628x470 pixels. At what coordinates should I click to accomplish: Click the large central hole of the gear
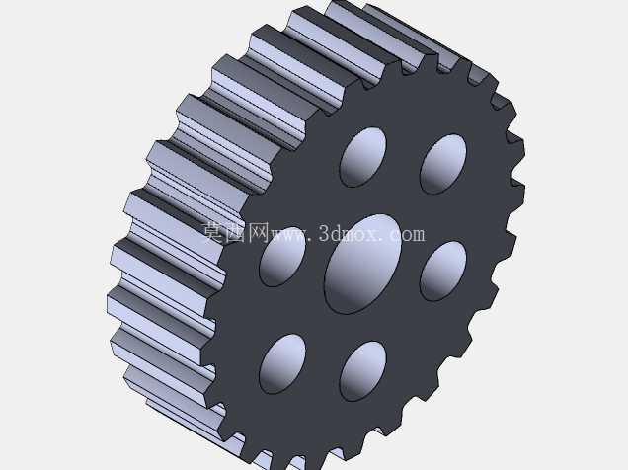point(362,265)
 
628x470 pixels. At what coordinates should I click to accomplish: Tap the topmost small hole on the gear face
point(363,157)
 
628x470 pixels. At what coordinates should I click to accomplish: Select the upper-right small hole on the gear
point(443,164)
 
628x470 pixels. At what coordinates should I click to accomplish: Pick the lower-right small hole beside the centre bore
point(443,271)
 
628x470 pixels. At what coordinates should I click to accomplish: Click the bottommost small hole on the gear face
point(363,371)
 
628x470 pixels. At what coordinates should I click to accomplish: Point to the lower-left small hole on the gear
point(282,364)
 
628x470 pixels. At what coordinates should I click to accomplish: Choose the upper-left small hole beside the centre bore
point(282,257)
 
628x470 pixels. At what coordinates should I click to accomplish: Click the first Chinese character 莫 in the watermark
point(213,232)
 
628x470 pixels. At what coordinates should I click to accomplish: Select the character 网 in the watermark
point(258,232)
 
